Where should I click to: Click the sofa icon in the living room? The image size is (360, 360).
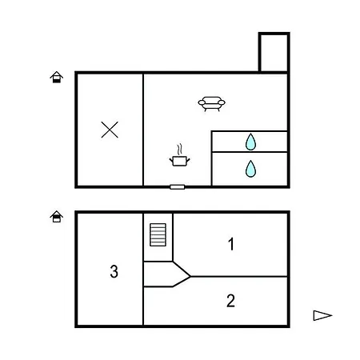pos(211,103)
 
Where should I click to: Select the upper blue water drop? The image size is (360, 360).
pos(250,142)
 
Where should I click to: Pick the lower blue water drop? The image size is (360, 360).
pos(250,169)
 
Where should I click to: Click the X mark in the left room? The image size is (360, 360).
pos(110,130)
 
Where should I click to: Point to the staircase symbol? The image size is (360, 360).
pos(158,234)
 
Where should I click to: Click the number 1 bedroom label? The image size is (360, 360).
pos(231,244)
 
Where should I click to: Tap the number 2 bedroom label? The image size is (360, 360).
pos(230,301)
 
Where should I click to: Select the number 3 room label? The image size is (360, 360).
pos(114,271)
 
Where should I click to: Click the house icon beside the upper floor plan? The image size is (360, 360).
pos(57,77)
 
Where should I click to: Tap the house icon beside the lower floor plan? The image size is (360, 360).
pos(57,216)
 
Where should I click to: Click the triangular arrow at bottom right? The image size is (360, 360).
pos(322,315)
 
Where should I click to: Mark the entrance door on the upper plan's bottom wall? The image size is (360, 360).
pos(178,187)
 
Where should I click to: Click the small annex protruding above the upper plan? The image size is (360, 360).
pos(274,52)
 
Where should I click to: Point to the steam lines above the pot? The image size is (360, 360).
pos(180,150)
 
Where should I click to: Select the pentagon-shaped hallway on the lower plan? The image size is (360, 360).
pos(166,274)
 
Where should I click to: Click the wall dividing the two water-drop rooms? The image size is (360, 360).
pos(250,152)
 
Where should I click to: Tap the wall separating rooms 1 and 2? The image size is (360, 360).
pos(239,277)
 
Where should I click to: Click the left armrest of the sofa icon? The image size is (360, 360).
pos(202,102)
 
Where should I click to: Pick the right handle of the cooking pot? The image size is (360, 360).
pos(188,161)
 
